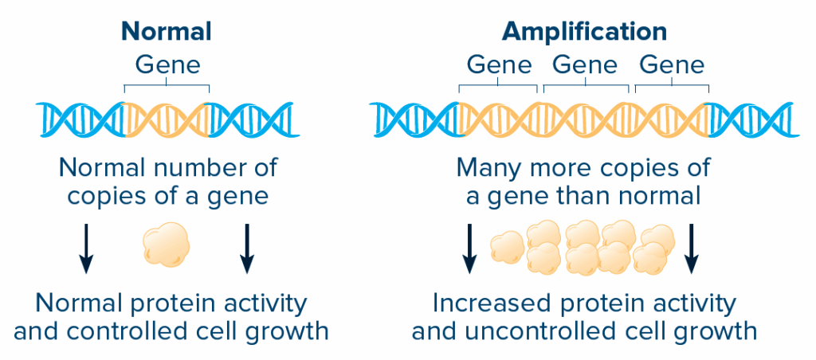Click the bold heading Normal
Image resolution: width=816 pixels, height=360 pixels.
[x=167, y=32]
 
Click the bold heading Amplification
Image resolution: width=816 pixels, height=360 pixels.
[x=584, y=32]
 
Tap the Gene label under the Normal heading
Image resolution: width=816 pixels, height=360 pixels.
[x=167, y=65]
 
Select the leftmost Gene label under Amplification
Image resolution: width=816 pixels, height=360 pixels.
[x=500, y=65]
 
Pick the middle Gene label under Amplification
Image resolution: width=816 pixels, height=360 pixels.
[x=586, y=65]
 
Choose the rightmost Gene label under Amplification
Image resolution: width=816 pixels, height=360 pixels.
[x=672, y=65]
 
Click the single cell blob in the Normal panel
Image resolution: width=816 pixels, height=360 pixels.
[x=166, y=245]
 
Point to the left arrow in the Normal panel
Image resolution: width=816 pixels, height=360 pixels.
[x=87, y=248]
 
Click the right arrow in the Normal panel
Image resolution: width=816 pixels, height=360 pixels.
[x=247, y=248]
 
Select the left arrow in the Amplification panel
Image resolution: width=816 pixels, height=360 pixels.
[x=470, y=248]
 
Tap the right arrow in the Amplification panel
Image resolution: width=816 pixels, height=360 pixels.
[x=691, y=248]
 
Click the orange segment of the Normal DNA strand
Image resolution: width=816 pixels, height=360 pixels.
[x=167, y=119]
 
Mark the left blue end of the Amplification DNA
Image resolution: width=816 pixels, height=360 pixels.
[x=414, y=119]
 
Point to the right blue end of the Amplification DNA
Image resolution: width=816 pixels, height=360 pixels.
[x=753, y=119]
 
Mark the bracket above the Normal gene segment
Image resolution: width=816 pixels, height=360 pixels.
[x=167, y=85]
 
